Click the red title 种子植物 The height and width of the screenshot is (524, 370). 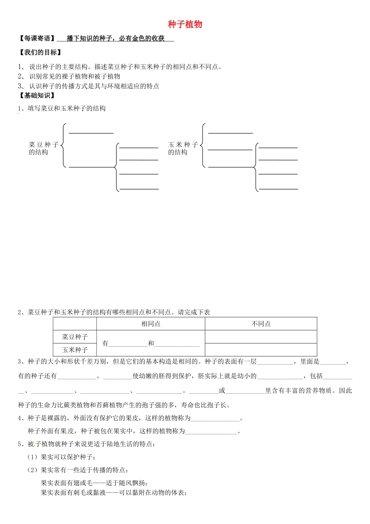[185, 24]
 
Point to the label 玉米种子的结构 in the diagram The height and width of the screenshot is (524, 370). [183, 148]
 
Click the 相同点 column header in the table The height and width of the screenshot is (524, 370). [151, 324]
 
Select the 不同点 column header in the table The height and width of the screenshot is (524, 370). [261, 324]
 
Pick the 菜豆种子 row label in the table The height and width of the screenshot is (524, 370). [75, 337]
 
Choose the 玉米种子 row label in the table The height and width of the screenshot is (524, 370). [75, 350]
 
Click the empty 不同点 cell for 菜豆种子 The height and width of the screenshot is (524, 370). [261, 337]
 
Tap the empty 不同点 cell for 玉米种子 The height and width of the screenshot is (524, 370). [261, 350]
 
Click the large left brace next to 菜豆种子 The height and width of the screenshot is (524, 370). [63, 145]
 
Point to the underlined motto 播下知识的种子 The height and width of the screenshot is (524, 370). [116, 38]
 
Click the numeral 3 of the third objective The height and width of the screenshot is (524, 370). [20, 86]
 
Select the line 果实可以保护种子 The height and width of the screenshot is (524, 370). [68, 457]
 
